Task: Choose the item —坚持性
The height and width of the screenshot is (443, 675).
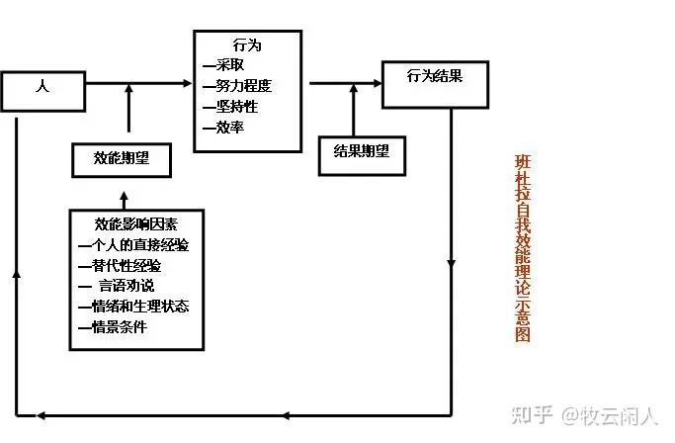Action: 229,106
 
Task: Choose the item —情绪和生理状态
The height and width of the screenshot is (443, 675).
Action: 132,307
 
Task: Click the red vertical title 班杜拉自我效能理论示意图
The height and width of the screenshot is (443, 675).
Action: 523,247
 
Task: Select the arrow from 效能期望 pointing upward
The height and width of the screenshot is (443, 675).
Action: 128,109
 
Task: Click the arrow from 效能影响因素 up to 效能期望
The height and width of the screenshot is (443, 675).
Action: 125,194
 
